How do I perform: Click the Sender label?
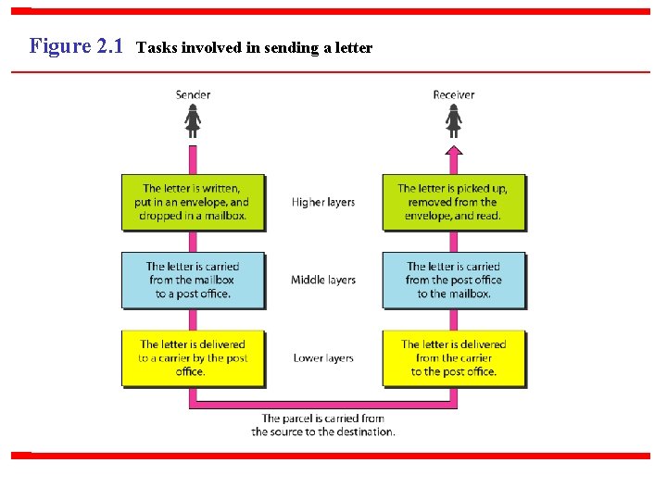(193, 94)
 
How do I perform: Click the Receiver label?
(453, 94)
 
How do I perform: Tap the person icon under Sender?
(193, 120)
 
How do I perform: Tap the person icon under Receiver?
(453, 120)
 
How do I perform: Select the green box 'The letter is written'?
(194, 202)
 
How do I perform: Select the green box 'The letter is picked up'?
(453, 202)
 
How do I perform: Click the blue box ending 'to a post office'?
(194, 280)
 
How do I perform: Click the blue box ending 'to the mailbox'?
(453, 280)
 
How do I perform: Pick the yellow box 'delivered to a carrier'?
(194, 357)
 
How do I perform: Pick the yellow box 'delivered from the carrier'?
(453, 357)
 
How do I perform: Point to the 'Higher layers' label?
(323, 202)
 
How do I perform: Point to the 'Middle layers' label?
(323, 280)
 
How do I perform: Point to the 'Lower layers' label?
(323, 357)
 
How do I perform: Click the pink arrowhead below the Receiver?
(453, 151)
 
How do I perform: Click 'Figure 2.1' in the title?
(76, 45)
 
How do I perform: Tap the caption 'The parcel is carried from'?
(322, 419)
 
